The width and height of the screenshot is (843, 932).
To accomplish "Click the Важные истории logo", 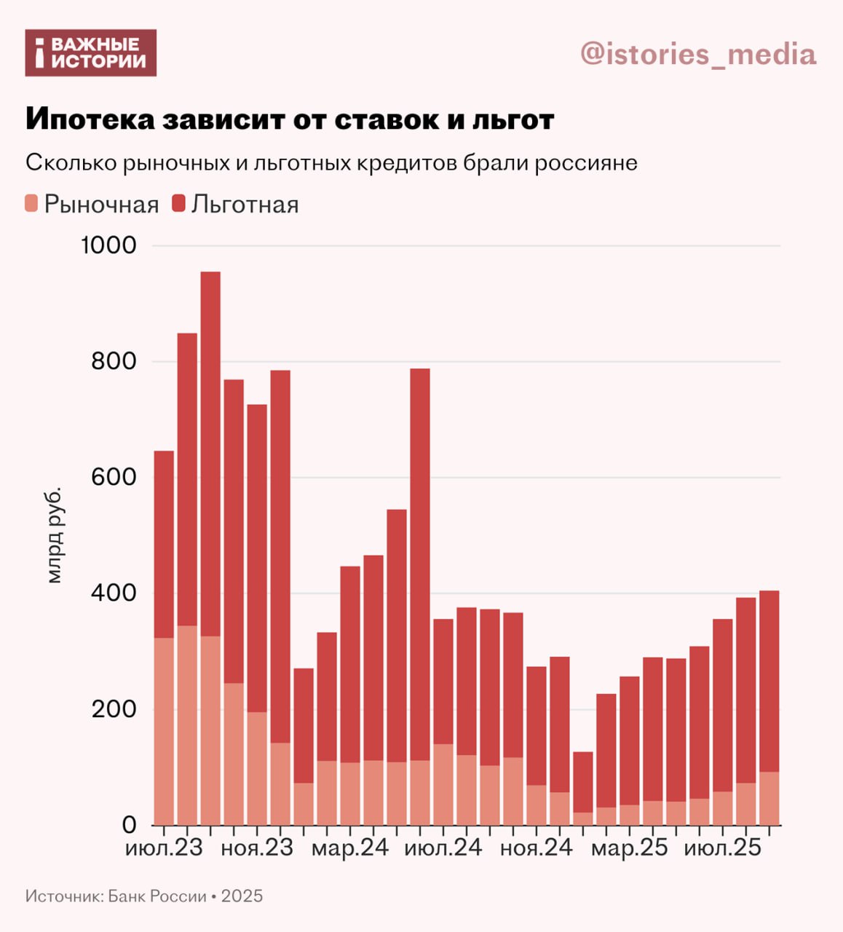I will tap(91, 53).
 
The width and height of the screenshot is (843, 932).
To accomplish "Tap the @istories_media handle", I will tap(698, 54).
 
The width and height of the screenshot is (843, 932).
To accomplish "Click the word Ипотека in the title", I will tap(90, 119).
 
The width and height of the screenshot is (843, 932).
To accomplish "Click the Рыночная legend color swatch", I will tap(31, 203).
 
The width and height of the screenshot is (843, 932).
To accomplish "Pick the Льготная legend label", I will tap(245, 205).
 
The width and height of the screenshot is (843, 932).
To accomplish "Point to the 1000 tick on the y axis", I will tap(108, 245).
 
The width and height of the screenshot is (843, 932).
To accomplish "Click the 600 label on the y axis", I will tap(114, 478).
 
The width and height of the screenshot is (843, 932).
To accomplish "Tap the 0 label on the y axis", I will tap(129, 825).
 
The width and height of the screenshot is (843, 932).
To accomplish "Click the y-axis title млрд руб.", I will tap(55, 535).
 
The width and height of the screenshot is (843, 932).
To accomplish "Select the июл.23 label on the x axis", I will tap(164, 848).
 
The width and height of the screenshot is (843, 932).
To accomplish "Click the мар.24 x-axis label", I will tap(350, 848).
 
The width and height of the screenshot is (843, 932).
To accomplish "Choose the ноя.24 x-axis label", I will tap(537, 848).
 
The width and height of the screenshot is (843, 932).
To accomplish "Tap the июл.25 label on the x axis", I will tap(723, 848).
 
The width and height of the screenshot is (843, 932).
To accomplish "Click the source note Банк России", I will tap(157, 896).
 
